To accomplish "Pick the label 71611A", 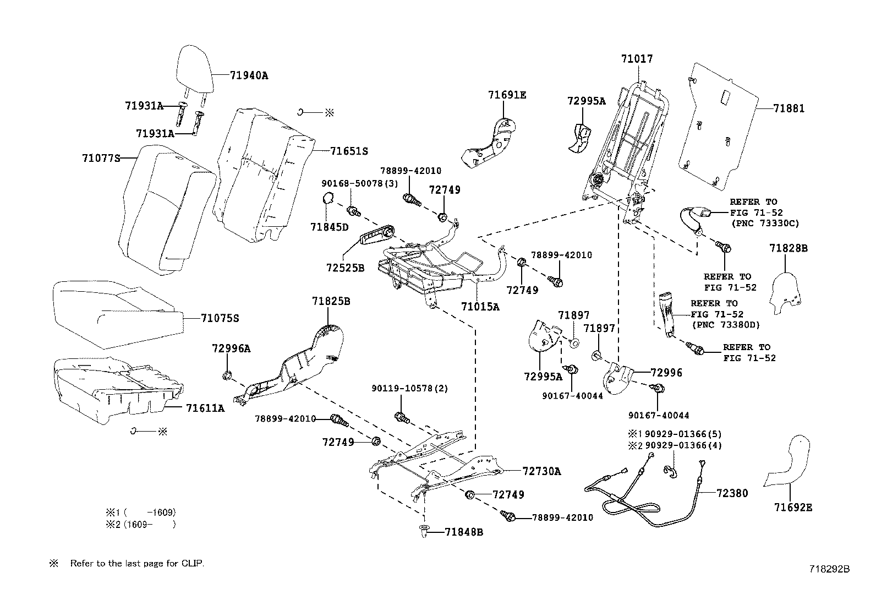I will tap(205, 408).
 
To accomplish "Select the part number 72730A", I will tap(541, 471).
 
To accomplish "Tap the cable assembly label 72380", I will tap(732, 493).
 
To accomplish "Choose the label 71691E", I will tap(507, 95).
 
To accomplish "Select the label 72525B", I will tap(345, 269).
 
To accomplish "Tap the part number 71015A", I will tap(480, 307).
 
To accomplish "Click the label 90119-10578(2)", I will tap(409, 389).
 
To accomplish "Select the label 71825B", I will tap(331, 301).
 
